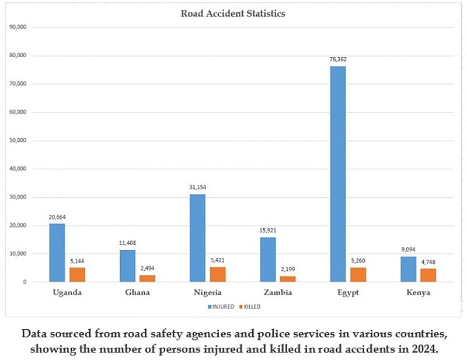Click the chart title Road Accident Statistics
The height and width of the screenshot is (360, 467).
[x=233, y=13]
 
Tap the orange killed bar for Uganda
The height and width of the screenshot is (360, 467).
[x=77, y=274]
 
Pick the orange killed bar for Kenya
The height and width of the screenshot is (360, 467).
[x=428, y=275]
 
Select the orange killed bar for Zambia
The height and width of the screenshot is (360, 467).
[x=288, y=278]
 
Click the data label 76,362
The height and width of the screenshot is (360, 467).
[x=337, y=60]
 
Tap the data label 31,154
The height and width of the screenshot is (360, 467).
[x=197, y=187]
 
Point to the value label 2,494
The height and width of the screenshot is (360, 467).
[x=147, y=268]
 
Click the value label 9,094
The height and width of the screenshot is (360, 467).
[x=407, y=250]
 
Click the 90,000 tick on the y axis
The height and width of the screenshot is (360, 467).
[x=18, y=27]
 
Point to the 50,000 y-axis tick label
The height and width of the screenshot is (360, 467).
[x=18, y=141]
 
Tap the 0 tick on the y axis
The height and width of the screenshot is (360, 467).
[x=25, y=282]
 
